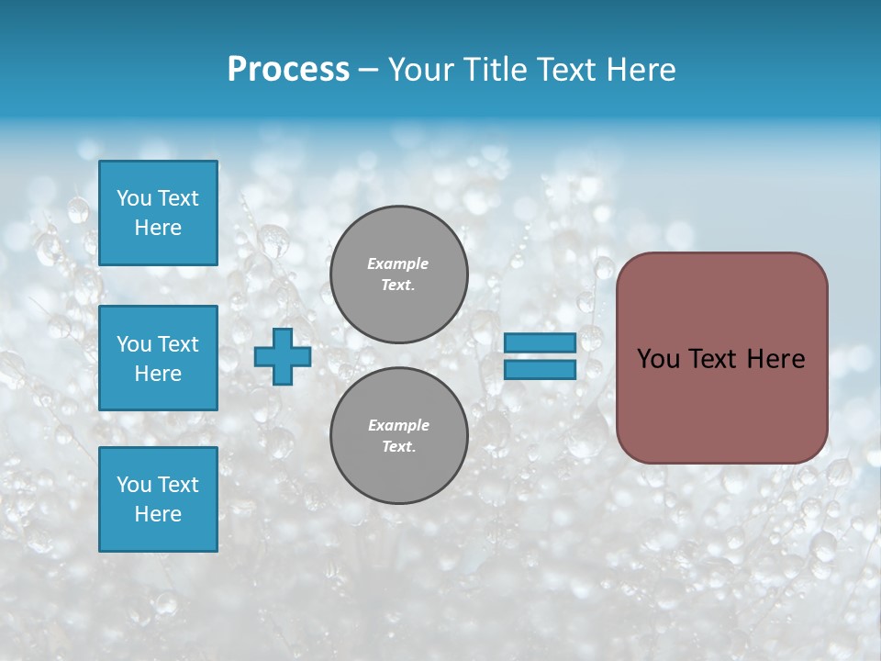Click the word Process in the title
[288, 70]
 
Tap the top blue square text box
[158, 213]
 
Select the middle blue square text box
[158, 358]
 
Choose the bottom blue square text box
[158, 499]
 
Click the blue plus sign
[283, 357]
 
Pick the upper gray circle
[399, 274]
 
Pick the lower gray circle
[399, 436]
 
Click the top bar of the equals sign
[541, 342]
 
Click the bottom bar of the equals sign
[541, 369]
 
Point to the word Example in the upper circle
[397, 263]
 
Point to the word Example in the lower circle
[397, 425]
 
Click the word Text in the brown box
[716, 359]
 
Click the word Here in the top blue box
[158, 228]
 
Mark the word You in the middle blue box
[133, 344]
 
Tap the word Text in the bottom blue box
[177, 485]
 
